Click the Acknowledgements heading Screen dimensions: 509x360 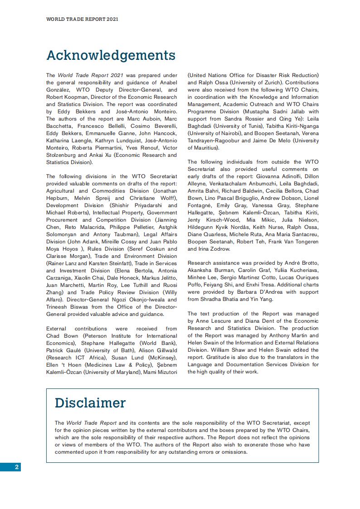pos(111,55)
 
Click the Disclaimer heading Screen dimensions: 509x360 pos(90,402)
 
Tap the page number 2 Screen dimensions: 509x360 pos(17,467)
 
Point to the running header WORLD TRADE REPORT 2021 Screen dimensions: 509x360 pos(83,19)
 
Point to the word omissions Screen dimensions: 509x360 pos(233,452)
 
